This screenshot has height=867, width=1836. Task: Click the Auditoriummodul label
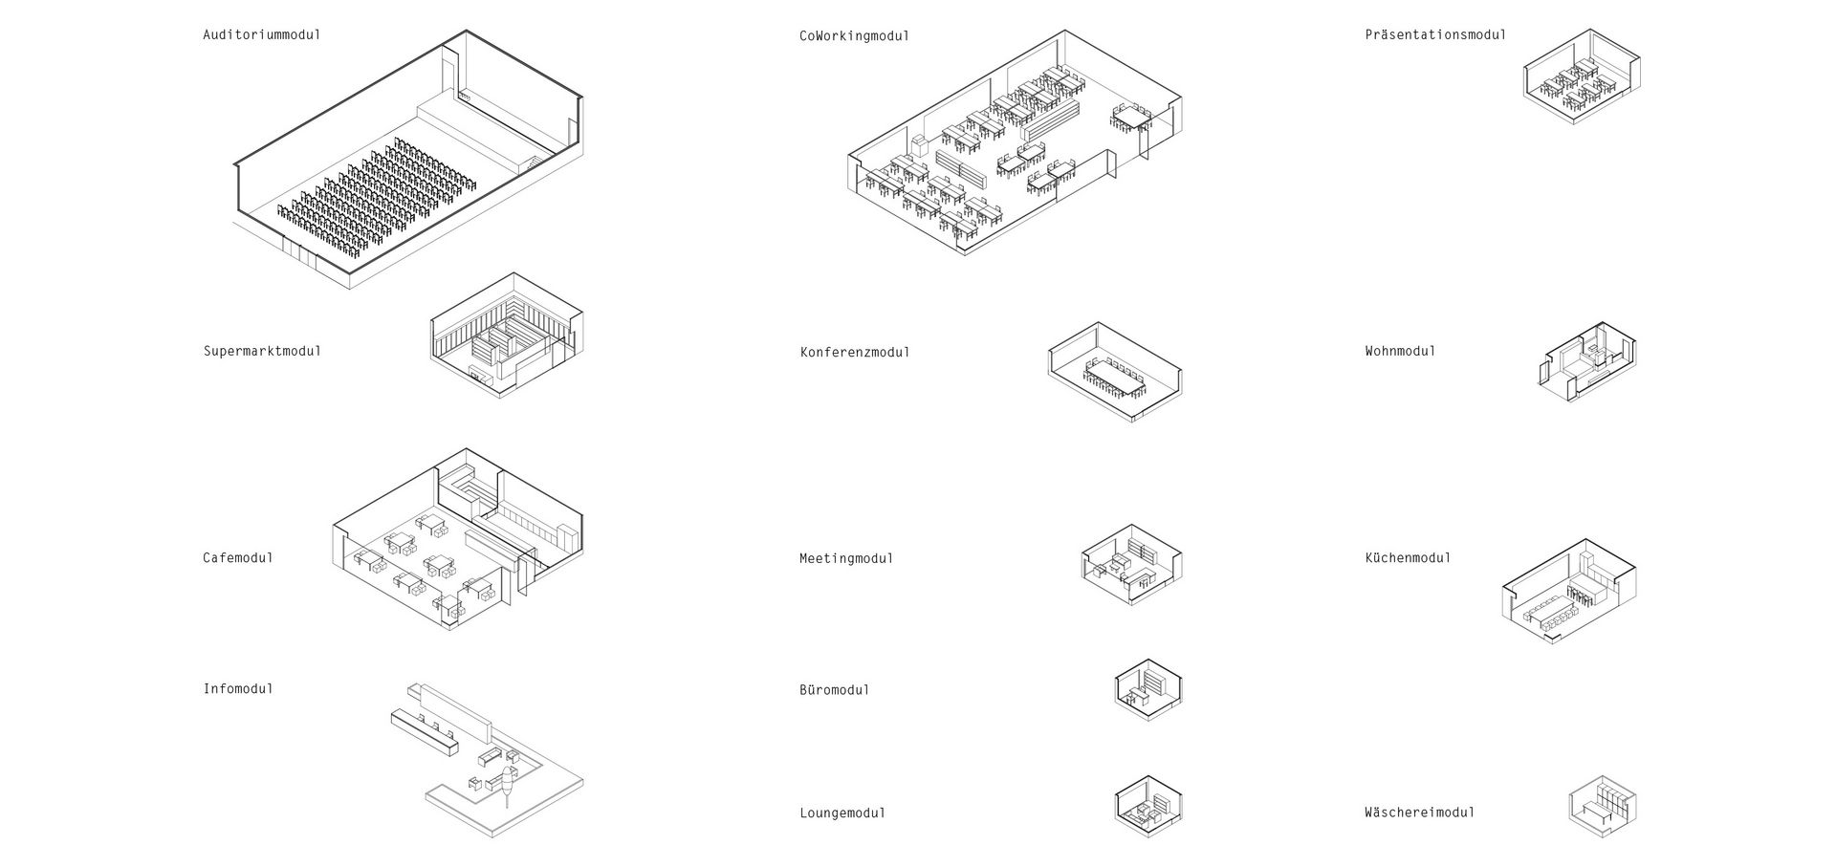click(x=262, y=34)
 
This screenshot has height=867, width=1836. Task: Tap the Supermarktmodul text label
click(x=262, y=351)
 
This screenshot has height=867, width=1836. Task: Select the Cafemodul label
click(x=238, y=557)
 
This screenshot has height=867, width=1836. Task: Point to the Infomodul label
click(x=238, y=688)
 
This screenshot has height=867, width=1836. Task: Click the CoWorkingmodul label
click(x=855, y=35)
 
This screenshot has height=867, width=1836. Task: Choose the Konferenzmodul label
click(x=855, y=352)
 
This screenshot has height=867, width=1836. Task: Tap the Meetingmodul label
click(x=846, y=558)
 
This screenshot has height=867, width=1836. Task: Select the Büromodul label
click(x=835, y=689)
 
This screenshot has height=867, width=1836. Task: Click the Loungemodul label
click(x=842, y=813)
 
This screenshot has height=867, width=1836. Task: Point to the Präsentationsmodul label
click(x=1435, y=34)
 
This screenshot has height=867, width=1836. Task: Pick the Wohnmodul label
click(x=1400, y=351)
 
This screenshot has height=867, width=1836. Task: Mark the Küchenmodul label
click(x=1408, y=557)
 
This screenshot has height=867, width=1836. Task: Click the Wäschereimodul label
click(x=1420, y=813)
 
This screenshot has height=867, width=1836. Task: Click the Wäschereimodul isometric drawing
click(x=1603, y=807)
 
